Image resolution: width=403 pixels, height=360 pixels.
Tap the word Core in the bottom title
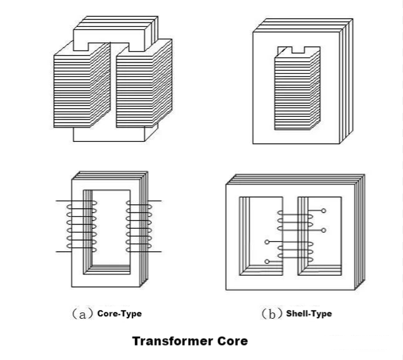[232, 341]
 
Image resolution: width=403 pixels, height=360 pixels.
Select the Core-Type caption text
[119, 314]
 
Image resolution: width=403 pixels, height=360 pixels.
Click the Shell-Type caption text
[309, 314]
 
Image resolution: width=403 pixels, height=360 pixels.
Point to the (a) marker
[82, 314]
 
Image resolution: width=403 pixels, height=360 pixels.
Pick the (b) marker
[272, 314]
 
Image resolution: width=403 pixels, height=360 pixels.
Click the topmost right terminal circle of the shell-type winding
[324, 211]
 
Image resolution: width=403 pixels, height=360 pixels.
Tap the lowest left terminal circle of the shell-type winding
[267, 261]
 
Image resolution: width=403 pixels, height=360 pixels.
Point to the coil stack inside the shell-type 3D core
[297, 89]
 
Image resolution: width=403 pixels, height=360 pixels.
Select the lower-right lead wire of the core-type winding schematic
[154, 251]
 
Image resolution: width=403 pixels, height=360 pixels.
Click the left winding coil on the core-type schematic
[82, 226]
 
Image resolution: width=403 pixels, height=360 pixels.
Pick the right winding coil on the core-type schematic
[139, 226]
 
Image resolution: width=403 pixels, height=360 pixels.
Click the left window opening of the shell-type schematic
[261, 236]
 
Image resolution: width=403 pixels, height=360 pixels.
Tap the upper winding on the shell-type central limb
[296, 221]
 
